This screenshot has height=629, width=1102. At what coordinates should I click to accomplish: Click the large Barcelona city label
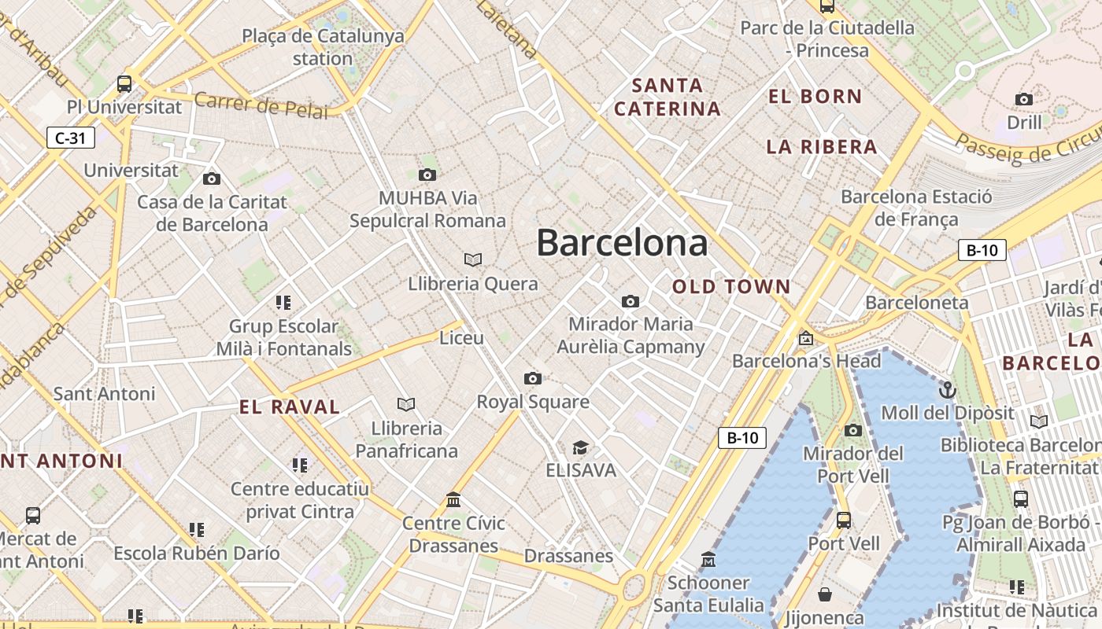[x=622, y=243]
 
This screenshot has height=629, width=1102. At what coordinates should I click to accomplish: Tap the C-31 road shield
[x=70, y=138]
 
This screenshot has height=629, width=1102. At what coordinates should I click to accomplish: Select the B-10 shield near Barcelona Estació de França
[x=982, y=251]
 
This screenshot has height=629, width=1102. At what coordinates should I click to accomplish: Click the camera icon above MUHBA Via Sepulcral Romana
[x=427, y=175]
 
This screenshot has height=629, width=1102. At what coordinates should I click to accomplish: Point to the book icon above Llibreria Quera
[x=472, y=259]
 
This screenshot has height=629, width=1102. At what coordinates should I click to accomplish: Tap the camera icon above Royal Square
[x=533, y=379]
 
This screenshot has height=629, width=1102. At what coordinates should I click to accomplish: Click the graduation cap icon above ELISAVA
[x=581, y=447]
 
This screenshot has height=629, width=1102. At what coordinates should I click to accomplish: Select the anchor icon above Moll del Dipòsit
[x=948, y=389]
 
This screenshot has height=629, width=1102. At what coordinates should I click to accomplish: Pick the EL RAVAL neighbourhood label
[x=290, y=407]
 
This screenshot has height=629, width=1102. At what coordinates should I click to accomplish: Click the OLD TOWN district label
[x=731, y=287]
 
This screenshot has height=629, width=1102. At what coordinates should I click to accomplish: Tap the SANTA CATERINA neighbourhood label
[x=667, y=97]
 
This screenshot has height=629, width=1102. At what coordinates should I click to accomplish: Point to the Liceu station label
[x=461, y=338]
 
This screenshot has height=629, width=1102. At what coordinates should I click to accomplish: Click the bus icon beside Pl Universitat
[x=124, y=83]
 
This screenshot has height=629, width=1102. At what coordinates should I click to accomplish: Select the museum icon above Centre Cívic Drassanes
[x=453, y=500]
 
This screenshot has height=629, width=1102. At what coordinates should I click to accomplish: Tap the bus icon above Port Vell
[x=844, y=520]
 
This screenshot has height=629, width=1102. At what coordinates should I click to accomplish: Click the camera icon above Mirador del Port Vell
[x=853, y=430]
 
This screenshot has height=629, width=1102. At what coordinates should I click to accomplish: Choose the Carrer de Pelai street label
[x=261, y=105]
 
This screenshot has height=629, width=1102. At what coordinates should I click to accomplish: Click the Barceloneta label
[x=916, y=303]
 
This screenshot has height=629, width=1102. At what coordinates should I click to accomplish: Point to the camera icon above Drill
[x=1024, y=99]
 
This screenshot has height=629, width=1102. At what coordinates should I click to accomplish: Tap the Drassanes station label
[x=568, y=556]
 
